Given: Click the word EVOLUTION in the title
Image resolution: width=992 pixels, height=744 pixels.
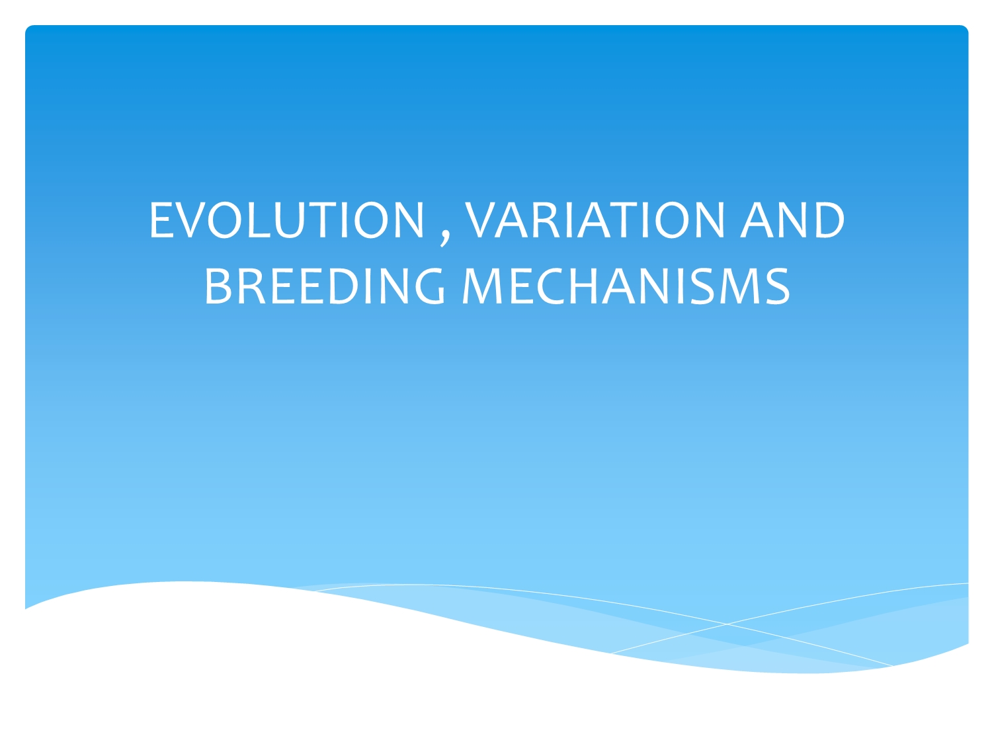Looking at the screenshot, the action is pos(286,220).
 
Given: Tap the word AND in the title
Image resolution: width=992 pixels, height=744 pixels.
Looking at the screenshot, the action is pos(792,220).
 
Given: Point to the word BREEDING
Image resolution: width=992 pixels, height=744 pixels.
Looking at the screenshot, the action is pos(325,286).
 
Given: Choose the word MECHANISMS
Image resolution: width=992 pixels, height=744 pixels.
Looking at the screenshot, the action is pos(626,286).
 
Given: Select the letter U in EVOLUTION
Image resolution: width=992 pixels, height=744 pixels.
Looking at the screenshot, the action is pos(288,220).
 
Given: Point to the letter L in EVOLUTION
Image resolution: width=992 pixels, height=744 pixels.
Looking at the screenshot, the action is pos(259,220).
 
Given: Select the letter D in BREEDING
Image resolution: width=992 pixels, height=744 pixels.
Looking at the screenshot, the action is pos(346,286).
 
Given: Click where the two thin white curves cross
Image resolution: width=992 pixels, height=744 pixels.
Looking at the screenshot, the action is pos(726,624).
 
